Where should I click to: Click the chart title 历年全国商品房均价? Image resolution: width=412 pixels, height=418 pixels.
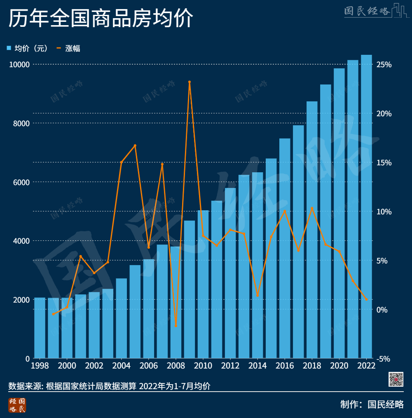pyautogui.click(x=101, y=19)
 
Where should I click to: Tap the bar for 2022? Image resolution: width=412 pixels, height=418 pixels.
pyautogui.click(x=366, y=206)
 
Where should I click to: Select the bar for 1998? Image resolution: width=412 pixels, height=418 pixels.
pyautogui.click(x=40, y=328)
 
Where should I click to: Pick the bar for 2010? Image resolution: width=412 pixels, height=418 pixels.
pyautogui.click(x=203, y=284)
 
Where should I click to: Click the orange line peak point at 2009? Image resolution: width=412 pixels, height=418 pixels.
pyautogui.click(x=190, y=82)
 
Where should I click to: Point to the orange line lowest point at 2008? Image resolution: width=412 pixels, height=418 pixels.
pyautogui.click(x=176, y=326)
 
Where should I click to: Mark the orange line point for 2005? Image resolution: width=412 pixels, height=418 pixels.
pyautogui.click(x=135, y=146)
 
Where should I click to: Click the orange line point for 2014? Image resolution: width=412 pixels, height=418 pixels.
pyautogui.click(x=257, y=296)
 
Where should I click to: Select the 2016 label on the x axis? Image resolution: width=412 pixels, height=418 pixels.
pyautogui.click(x=285, y=366)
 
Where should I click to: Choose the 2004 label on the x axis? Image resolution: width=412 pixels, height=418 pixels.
pyautogui.click(x=121, y=366)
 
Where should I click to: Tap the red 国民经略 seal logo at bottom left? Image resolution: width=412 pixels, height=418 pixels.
pyautogui.click(x=17, y=405)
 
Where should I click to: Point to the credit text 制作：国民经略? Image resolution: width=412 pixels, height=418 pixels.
pyautogui.click(x=372, y=404)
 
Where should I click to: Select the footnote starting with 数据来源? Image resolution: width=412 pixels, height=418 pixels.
pyautogui.click(x=109, y=386)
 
